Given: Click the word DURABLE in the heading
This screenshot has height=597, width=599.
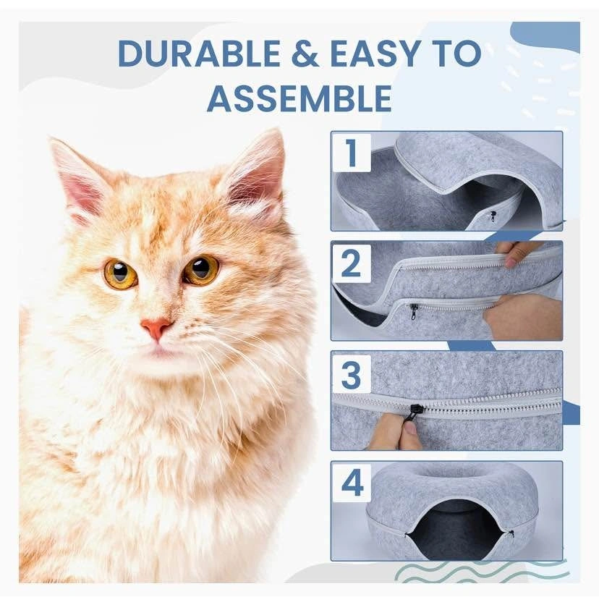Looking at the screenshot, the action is (x=199, y=53).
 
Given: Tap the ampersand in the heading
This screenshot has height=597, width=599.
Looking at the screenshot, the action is (x=305, y=53).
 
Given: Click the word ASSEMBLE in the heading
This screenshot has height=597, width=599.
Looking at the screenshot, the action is (x=299, y=98).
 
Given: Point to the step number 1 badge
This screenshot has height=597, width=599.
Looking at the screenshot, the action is (x=352, y=153).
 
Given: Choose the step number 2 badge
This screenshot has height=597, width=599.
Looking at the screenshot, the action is (x=352, y=263).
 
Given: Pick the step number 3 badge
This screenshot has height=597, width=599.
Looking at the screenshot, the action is (x=352, y=374).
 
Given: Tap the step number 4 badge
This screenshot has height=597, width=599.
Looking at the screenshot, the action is (x=352, y=483).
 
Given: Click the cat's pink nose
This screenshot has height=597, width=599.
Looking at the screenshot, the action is (x=157, y=329).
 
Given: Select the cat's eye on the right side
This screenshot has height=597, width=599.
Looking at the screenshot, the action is (x=201, y=270).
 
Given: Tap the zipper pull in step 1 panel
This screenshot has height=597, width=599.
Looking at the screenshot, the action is (x=492, y=216).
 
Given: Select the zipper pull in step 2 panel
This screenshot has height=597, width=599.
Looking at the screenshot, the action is (x=412, y=310).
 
